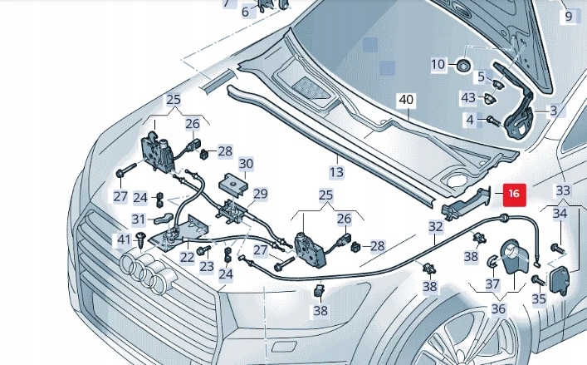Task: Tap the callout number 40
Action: (405, 100)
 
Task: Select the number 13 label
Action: (335, 172)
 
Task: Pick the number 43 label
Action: (468, 97)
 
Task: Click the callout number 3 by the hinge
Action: (553, 110)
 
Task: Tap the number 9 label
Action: (569, 16)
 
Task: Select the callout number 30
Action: (247, 164)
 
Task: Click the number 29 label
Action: (260, 195)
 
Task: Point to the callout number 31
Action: (139, 220)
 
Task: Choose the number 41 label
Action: (124, 240)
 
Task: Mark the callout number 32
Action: (436, 226)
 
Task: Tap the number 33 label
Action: (563, 190)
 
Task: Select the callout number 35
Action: (539, 299)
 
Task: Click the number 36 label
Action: (497, 309)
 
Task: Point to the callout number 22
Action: (188, 258)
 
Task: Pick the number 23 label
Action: (207, 267)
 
